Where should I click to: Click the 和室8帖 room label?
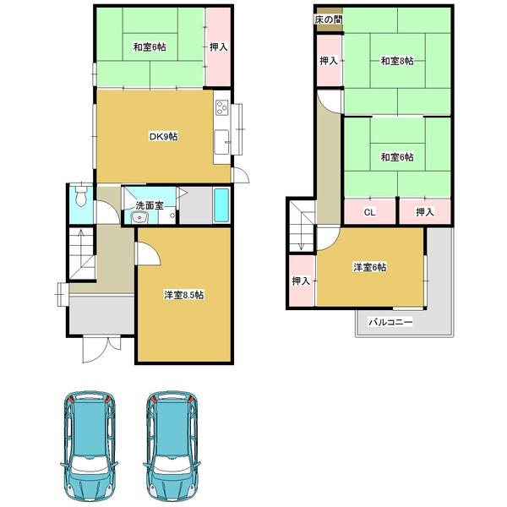click(x=395, y=61)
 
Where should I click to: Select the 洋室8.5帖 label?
click(x=183, y=295)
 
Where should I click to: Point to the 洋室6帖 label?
click(x=370, y=267)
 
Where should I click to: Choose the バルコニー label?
click(x=389, y=322)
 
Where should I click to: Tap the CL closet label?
click(x=370, y=212)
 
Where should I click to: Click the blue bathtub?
click(x=222, y=205)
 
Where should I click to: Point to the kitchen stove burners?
click(x=222, y=107)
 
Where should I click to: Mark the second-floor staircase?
click(x=299, y=225)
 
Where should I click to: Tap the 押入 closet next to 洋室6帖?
click(x=301, y=281)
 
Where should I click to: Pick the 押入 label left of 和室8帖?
click(x=329, y=61)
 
